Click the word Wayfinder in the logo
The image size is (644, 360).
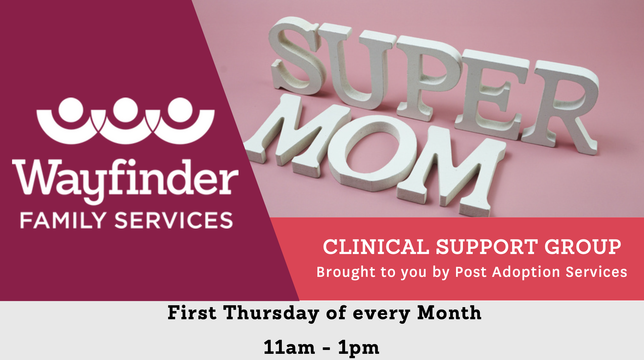tap(125, 181)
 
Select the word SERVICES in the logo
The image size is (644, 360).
tap(174, 220)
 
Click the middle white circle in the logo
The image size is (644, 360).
tap(126, 110)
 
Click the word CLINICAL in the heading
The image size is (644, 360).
tap(376, 247)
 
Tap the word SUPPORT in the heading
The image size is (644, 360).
tap(487, 247)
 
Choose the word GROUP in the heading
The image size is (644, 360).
tap(583, 247)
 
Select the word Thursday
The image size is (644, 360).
tap(271, 313)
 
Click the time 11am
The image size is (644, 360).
tap(289, 347)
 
